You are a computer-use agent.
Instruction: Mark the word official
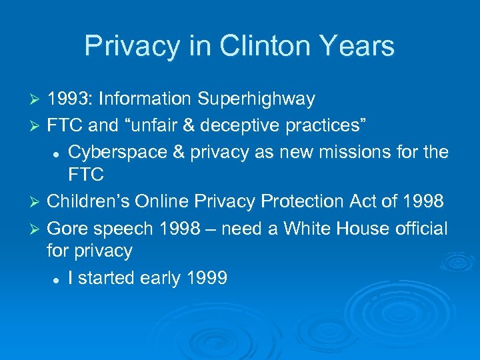(x=420, y=228)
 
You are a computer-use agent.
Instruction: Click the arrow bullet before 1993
(x=36, y=100)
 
